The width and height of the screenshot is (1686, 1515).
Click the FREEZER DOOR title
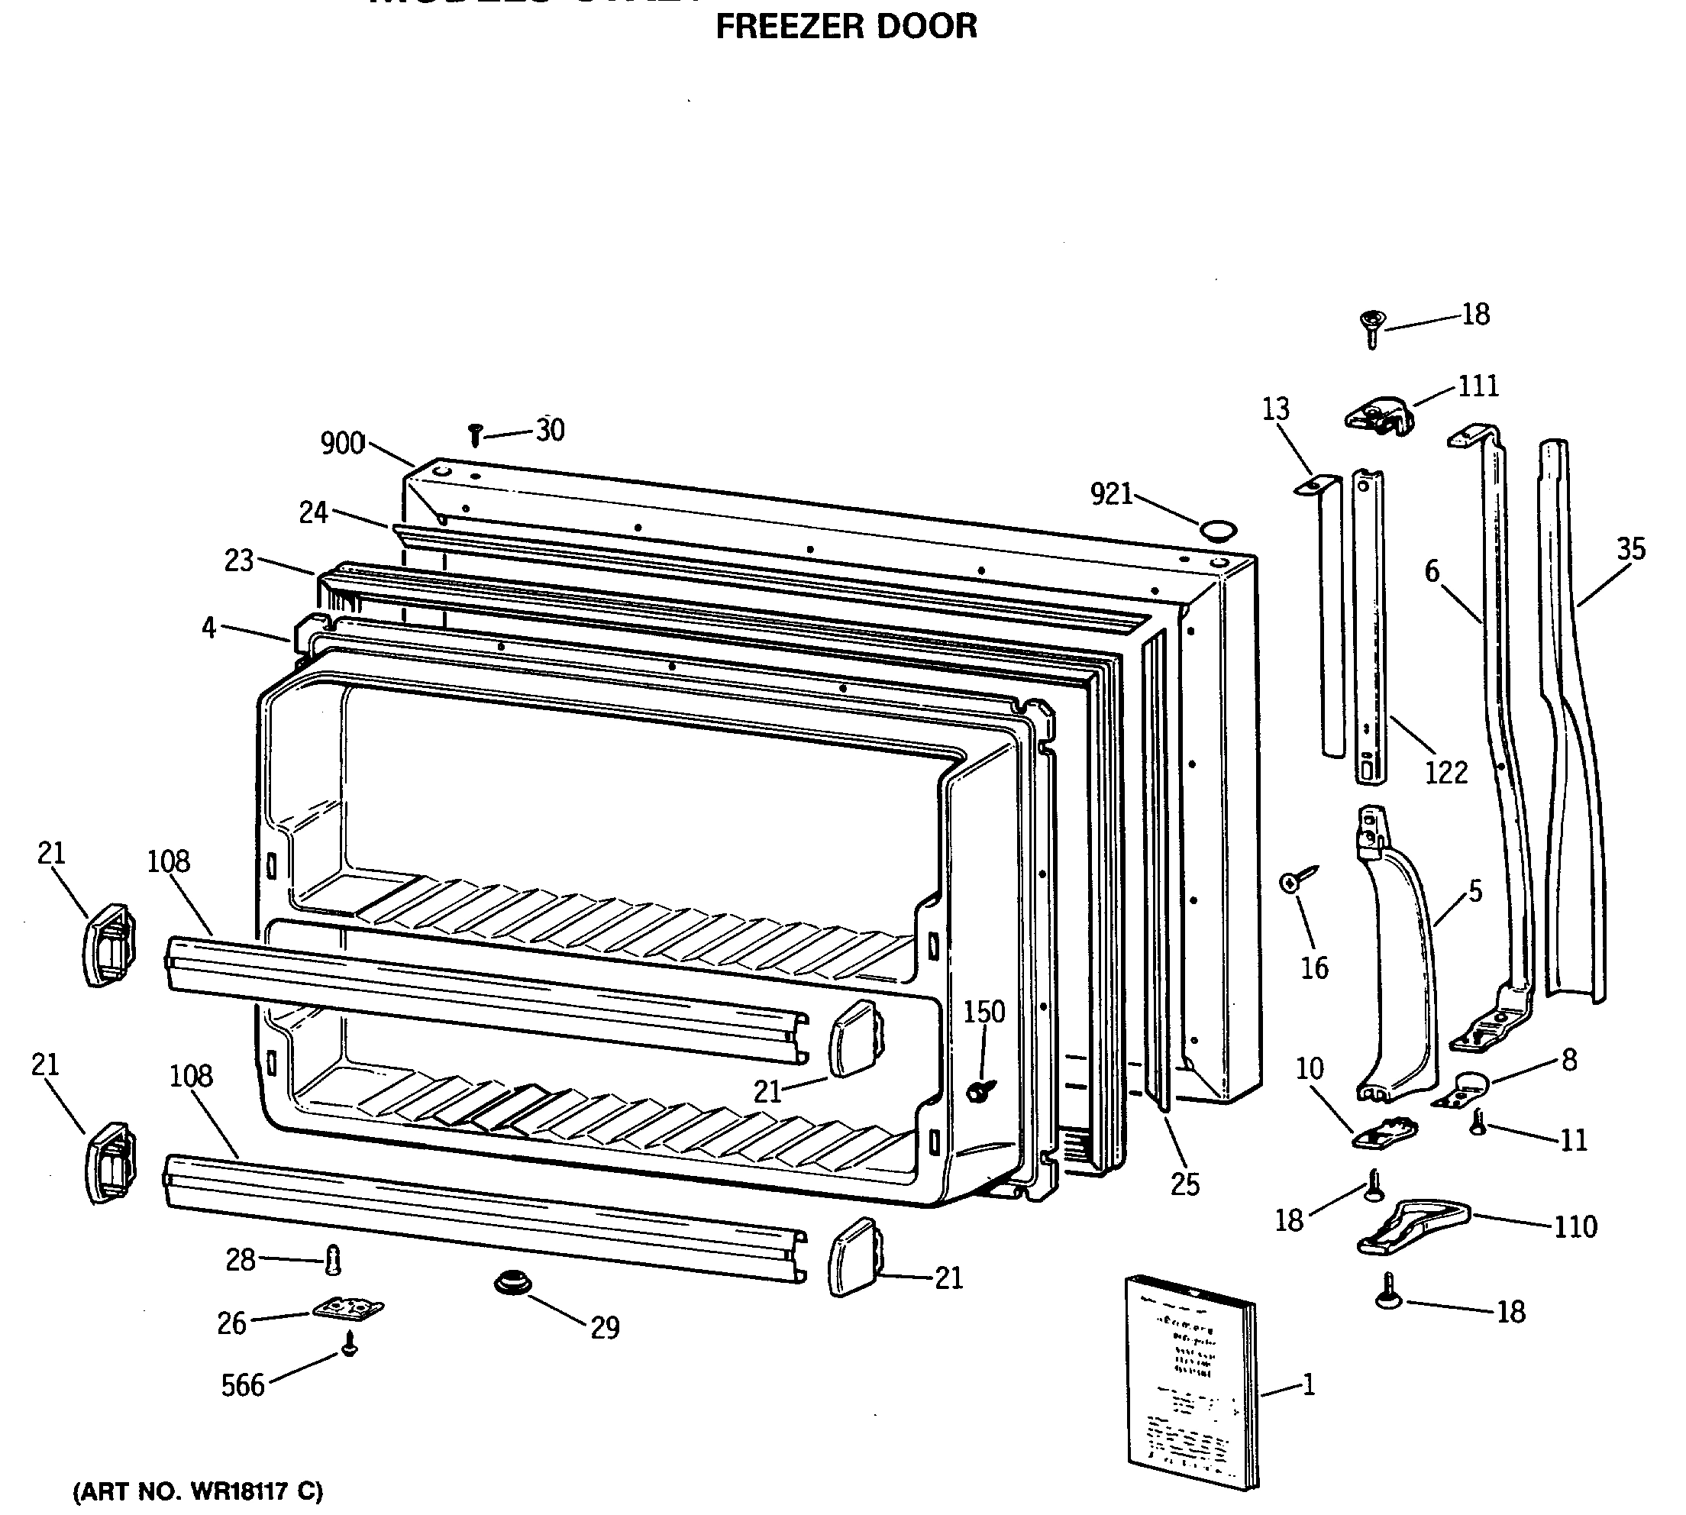tap(846, 27)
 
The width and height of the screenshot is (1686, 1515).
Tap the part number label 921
tap(1111, 495)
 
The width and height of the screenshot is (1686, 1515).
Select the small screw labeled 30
tap(475, 434)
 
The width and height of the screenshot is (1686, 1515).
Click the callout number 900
tap(343, 444)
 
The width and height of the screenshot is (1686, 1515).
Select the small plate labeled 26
tap(349, 1310)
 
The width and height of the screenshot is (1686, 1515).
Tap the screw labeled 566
tap(350, 1342)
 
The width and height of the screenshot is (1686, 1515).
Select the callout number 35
tap(1631, 549)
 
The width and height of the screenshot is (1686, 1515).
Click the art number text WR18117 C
tap(198, 1491)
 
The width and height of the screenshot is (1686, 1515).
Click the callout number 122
tap(1446, 773)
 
